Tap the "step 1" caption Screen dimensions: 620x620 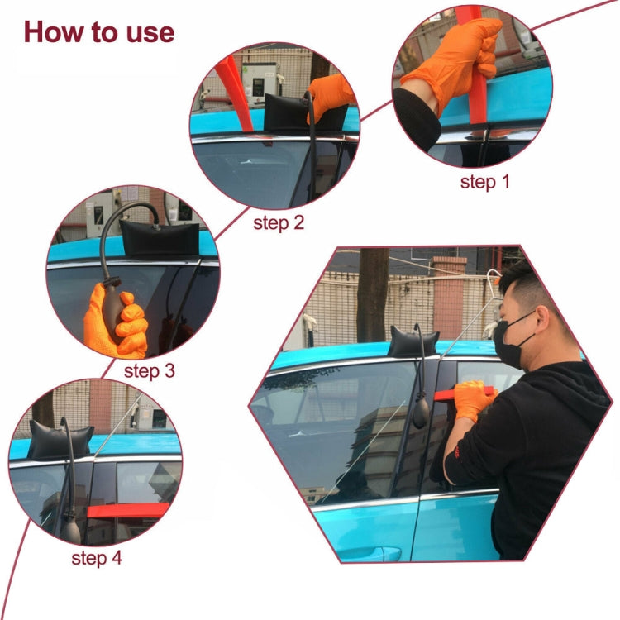point(484,182)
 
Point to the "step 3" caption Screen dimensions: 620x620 point(150,370)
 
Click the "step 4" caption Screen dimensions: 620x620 point(96,558)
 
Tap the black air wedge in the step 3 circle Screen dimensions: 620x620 point(159,239)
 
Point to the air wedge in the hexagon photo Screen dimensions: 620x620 point(413,342)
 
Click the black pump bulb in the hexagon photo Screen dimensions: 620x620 point(421,411)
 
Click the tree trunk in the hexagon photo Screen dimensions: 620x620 point(372,293)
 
